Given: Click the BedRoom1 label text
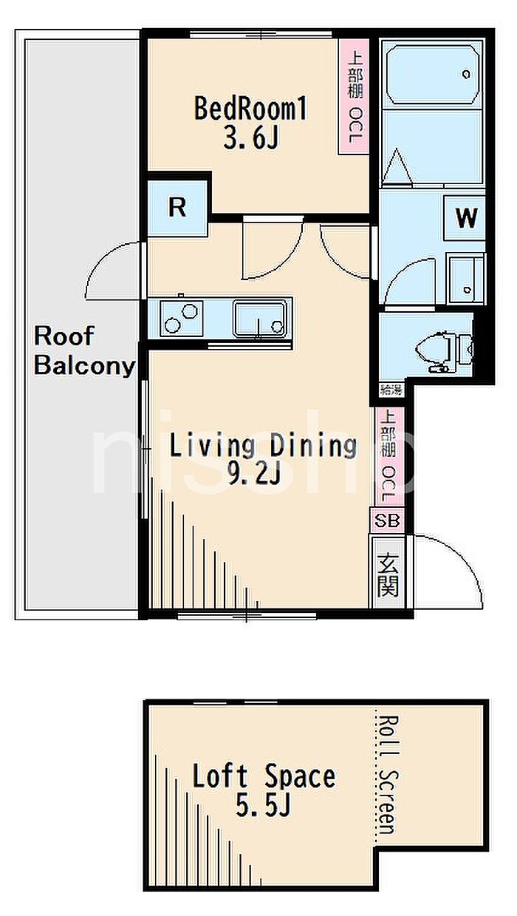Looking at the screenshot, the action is [250, 108].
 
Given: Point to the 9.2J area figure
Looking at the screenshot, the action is [254, 474].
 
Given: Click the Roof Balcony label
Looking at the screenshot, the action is [84, 350].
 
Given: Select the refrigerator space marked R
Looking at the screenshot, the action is [177, 208].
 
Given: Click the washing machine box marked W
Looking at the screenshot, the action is [465, 217].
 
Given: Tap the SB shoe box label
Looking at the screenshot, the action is [387, 520].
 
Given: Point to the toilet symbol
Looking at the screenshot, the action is [444, 350].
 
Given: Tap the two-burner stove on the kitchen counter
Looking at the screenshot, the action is [181, 319].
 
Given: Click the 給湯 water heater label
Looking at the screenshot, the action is [391, 390].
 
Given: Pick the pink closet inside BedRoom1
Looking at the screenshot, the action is [354, 97].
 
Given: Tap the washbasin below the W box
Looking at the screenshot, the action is [466, 278].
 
